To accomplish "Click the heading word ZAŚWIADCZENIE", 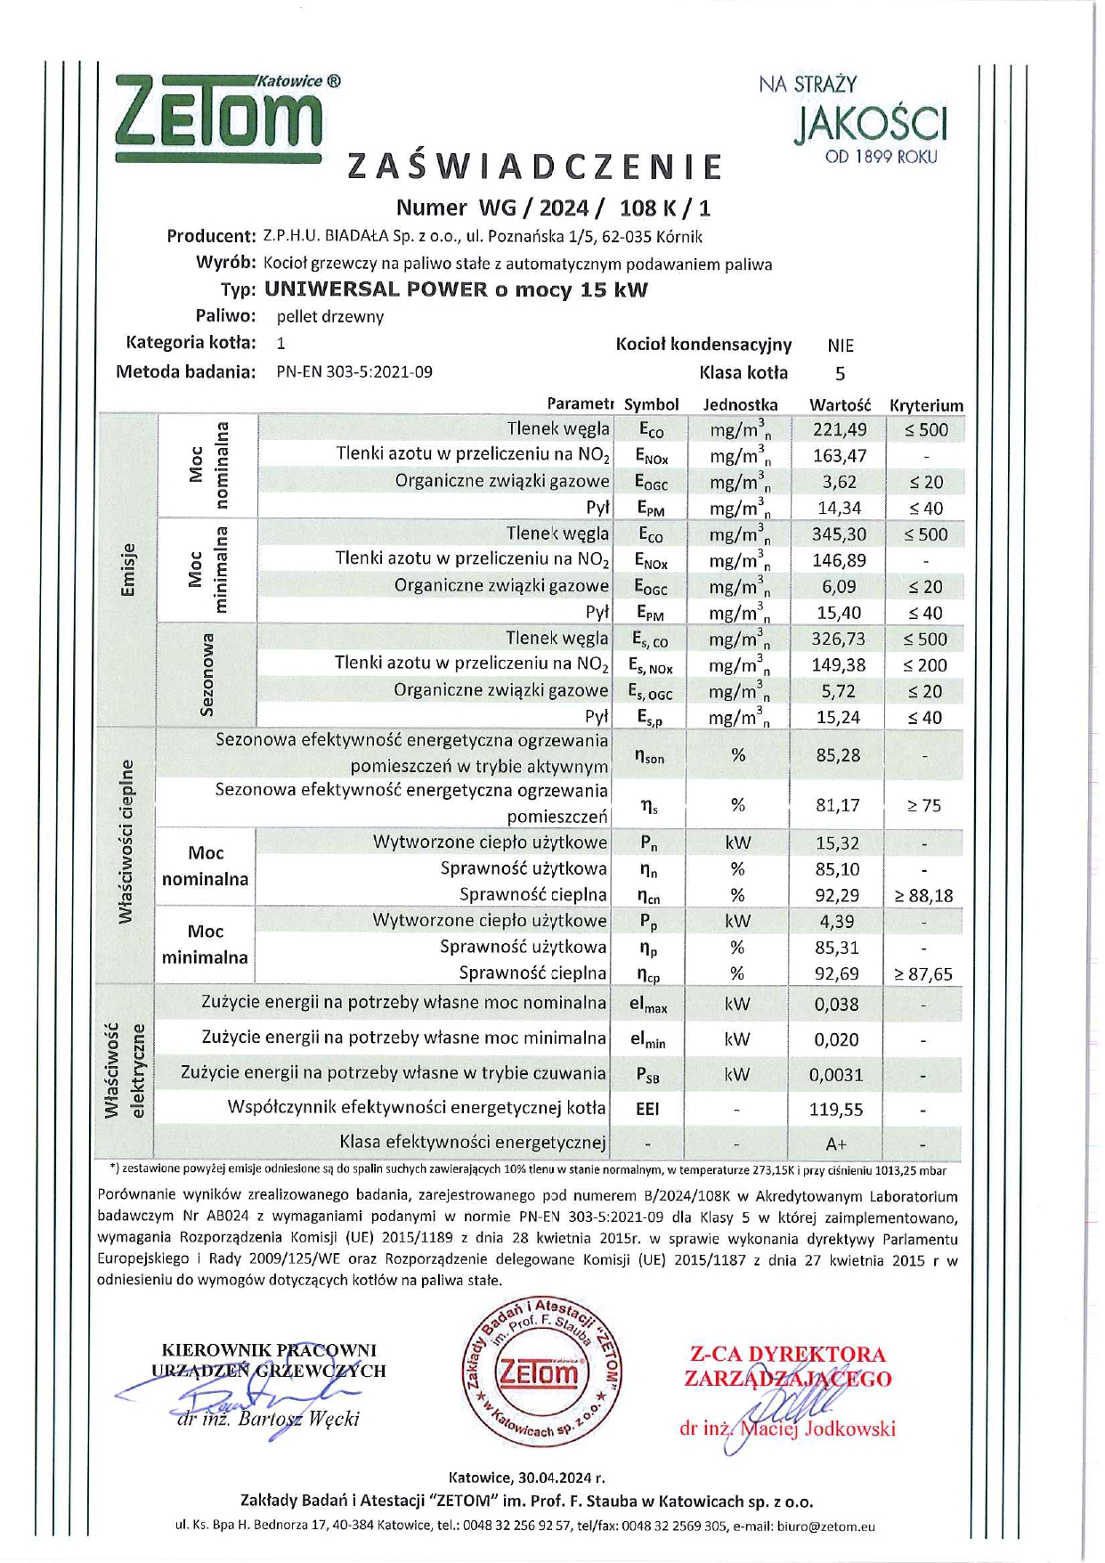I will point(534,167).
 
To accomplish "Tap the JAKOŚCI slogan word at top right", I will point(870,124).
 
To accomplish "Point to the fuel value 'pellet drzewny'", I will point(330,316).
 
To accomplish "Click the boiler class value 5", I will point(840,373).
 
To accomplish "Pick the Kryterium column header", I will point(926,405).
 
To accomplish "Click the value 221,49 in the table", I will point(840,430).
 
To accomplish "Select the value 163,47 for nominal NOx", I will point(840,456).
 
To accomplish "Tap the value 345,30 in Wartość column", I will point(839,534).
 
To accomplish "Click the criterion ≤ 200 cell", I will point(925,665).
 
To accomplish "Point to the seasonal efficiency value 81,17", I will point(838,806).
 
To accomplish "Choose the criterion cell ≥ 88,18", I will point(924,896).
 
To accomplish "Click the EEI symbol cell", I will point(647,1110).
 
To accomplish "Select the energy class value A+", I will point(836,1144).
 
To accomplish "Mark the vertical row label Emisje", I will point(128,570).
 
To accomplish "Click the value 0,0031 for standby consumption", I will point(836,1075).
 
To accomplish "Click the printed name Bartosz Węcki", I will point(298,1419).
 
